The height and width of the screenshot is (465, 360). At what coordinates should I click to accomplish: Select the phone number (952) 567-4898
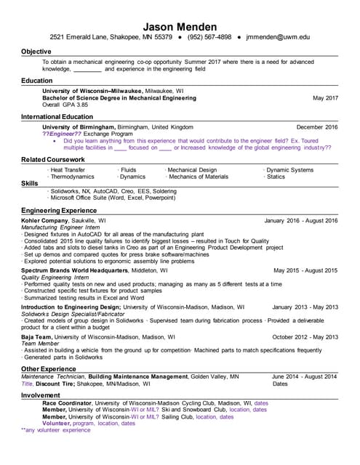click(209, 36)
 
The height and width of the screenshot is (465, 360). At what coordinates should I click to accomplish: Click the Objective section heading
click(36, 52)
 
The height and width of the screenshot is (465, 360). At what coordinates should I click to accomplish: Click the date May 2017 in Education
click(325, 97)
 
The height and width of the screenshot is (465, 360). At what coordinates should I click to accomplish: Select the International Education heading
click(57, 116)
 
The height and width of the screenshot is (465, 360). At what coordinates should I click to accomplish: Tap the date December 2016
click(317, 126)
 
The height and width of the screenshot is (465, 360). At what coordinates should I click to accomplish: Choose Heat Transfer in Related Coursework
click(67, 170)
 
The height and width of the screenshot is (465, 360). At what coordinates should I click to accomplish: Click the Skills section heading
click(29, 183)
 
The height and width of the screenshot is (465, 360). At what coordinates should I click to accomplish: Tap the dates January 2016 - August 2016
click(301, 220)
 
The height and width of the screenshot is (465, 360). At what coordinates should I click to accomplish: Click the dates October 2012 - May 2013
click(305, 337)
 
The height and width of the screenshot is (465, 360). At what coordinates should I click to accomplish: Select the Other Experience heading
click(49, 369)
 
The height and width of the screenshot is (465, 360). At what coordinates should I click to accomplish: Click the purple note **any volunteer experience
click(56, 430)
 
